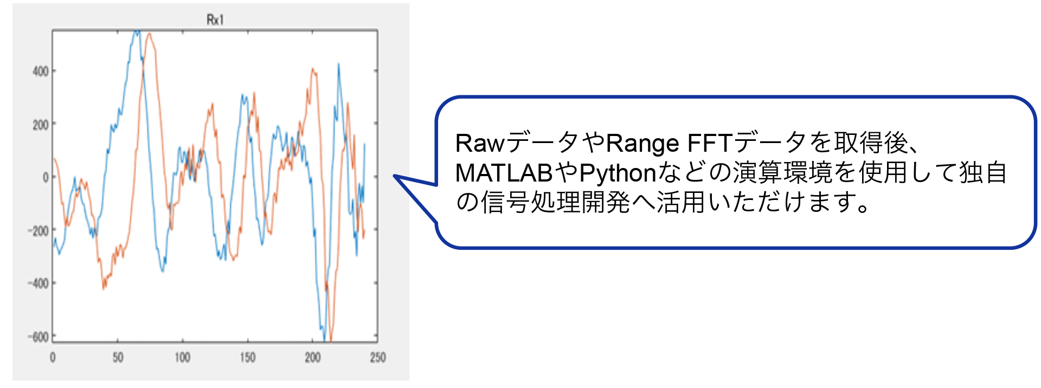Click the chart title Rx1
[x=215, y=20]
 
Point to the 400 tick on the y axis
[x=41, y=71]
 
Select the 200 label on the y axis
[x=41, y=125]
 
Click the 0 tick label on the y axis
[x=46, y=177]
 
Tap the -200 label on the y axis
[x=38, y=230]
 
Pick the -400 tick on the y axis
[x=38, y=283]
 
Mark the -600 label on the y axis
[x=38, y=337]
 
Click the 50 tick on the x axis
[x=118, y=357]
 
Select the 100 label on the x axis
[x=183, y=357]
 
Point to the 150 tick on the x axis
[x=248, y=357]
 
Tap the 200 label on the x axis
[x=313, y=357]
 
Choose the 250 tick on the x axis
[x=378, y=357]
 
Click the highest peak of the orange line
[x=149, y=34]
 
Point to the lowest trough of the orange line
[x=330, y=340]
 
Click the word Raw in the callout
[x=480, y=144]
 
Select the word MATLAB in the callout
[x=504, y=173]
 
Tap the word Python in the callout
[x=618, y=173]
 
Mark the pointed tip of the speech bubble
[x=394, y=176]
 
